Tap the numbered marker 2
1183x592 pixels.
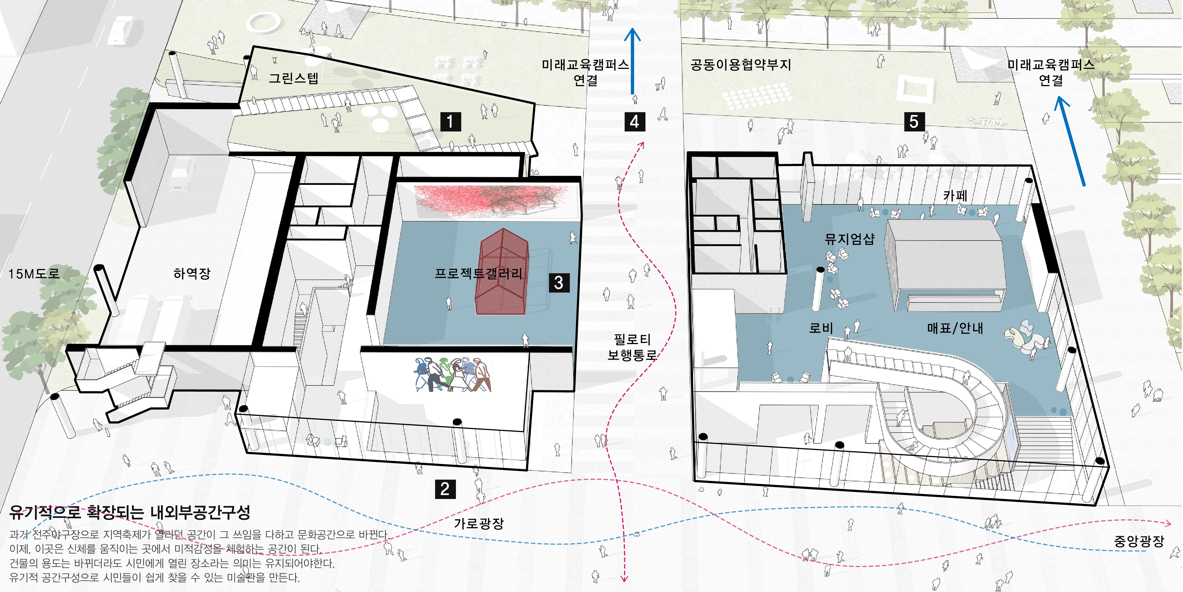click(x=445, y=489)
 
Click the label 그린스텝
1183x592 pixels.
click(x=294, y=78)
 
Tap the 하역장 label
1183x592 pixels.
click(x=192, y=274)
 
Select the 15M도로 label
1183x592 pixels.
click(x=34, y=274)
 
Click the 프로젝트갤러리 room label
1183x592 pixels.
click(x=479, y=274)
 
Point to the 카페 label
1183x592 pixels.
click(x=955, y=196)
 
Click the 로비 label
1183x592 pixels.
click(x=821, y=328)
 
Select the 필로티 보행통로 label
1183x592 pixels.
click(x=632, y=347)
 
